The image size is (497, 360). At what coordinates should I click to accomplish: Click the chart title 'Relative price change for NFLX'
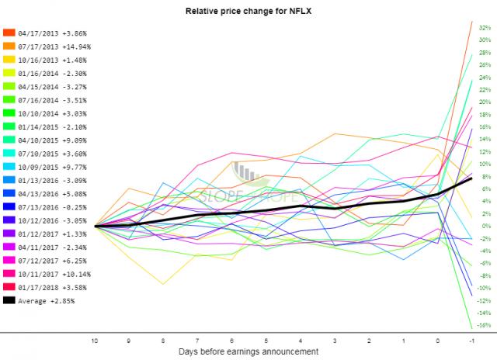click(248, 12)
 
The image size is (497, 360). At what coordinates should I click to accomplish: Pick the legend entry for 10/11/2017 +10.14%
click(49, 273)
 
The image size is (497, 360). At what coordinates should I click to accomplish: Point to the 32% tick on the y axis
click(482, 27)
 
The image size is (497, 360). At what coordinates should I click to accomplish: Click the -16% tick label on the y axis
click(482, 326)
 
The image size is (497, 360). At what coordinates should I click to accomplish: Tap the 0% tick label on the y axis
click(484, 227)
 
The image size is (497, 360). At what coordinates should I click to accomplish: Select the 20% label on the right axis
click(482, 102)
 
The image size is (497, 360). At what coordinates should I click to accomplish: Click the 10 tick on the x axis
click(94, 340)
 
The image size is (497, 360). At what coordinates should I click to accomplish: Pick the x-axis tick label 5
click(266, 340)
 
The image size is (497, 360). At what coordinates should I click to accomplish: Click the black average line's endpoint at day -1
click(472, 178)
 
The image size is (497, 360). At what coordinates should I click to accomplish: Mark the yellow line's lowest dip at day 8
click(163, 284)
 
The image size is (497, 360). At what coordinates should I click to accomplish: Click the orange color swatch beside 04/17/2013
click(9, 33)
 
